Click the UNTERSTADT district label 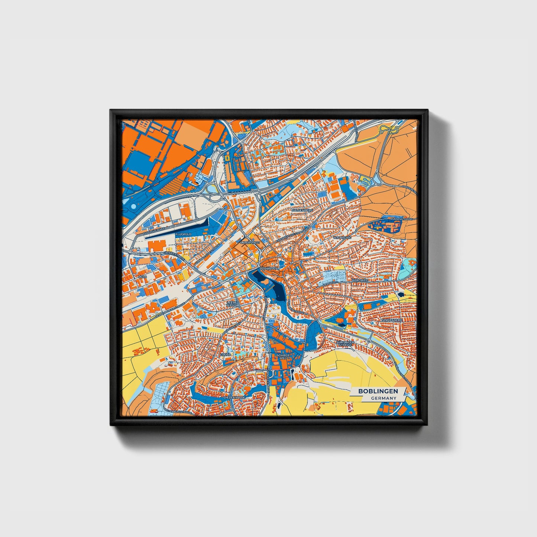248,242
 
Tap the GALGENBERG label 302,210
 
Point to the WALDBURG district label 342,237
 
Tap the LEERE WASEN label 232,304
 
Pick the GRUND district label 225,355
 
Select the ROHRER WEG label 283,357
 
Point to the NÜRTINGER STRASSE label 344,343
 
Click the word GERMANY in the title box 384,398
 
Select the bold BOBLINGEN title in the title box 378,391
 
